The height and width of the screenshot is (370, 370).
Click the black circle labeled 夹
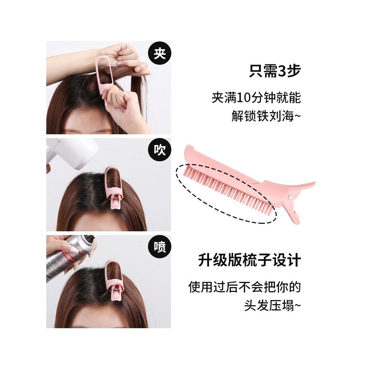pyautogui.click(x=159, y=53)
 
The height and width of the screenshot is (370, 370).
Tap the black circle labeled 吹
pyautogui.click(x=159, y=150)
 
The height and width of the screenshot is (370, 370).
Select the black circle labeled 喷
pyautogui.click(x=159, y=247)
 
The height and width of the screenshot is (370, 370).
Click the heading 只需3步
pyautogui.click(x=275, y=71)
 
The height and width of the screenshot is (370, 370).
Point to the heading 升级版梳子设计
pyautogui.click(x=249, y=260)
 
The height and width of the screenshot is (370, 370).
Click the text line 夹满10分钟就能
pyautogui.click(x=256, y=98)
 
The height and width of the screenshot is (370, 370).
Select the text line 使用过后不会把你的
pyautogui.click(x=245, y=287)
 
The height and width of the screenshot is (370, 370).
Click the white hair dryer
pyautogui.click(x=71, y=154)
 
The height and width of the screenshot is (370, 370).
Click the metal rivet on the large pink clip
pyautogui.click(x=290, y=196)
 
